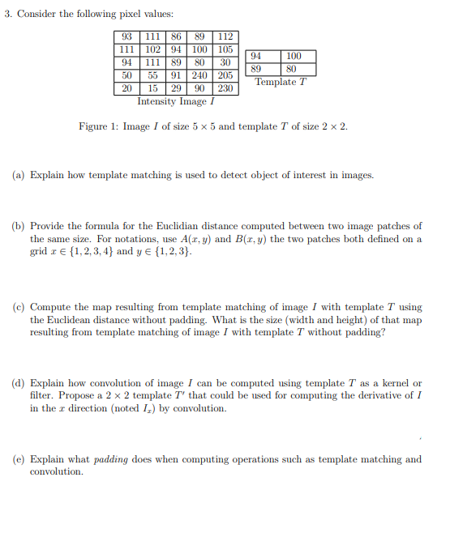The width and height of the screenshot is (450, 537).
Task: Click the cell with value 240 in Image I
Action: (x=199, y=75)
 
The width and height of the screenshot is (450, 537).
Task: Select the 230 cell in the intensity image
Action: (x=225, y=88)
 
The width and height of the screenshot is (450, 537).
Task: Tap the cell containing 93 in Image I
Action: (x=127, y=36)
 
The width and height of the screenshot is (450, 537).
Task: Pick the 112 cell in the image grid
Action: (x=225, y=36)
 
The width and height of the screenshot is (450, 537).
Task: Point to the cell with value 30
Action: (x=225, y=62)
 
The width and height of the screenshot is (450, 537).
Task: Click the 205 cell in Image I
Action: (x=225, y=75)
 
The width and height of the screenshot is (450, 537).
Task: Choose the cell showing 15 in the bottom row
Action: (x=152, y=88)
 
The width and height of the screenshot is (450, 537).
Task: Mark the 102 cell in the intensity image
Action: (x=152, y=49)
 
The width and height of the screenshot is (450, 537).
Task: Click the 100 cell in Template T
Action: (x=293, y=56)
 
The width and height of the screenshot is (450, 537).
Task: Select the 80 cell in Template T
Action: (x=293, y=69)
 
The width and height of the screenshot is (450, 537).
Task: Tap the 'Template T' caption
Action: (x=281, y=82)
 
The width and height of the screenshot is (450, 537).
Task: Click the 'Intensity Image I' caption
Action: (x=176, y=101)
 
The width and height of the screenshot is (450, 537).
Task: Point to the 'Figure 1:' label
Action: (x=97, y=127)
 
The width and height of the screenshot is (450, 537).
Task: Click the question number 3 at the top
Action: (x=6, y=15)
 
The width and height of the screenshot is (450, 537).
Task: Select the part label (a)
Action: (x=18, y=175)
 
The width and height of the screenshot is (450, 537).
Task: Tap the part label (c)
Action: (x=18, y=308)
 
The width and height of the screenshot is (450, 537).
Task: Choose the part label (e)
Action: (x=18, y=459)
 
